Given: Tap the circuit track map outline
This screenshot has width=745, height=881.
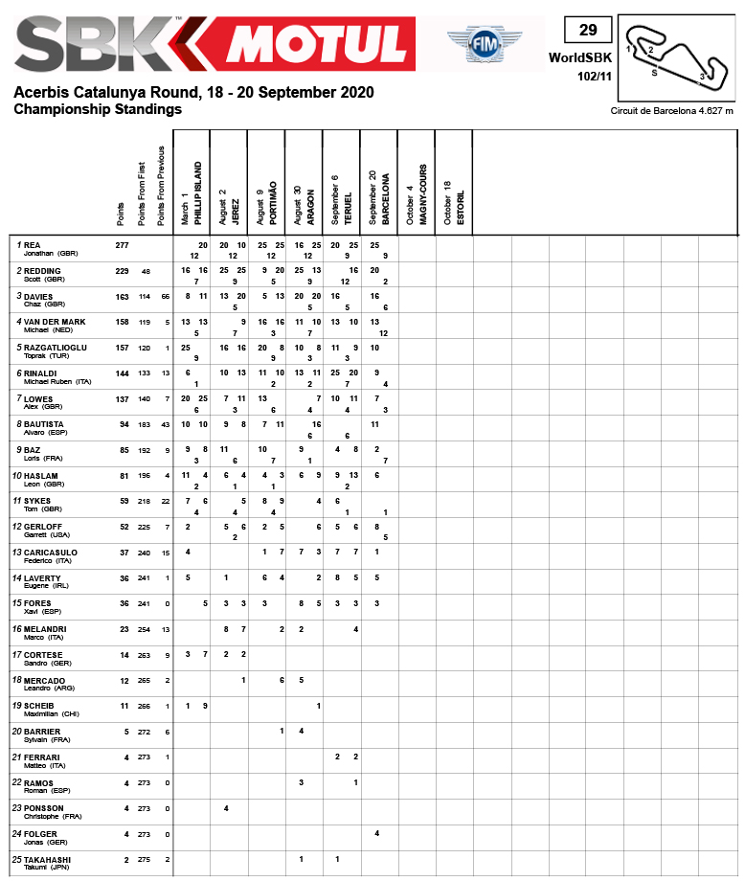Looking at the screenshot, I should click(676, 57).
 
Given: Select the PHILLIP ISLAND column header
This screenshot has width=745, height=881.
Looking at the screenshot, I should click(199, 196).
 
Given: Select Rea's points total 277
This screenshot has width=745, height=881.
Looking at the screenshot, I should click(122, 246).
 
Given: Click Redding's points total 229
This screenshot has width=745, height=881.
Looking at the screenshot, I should click(122, 271).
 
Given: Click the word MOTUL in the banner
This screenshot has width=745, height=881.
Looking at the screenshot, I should click(317, 43).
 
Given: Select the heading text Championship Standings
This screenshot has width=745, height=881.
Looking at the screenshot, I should click(98, 109).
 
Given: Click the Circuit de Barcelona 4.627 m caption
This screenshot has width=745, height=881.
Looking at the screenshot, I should click(671, 111).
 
